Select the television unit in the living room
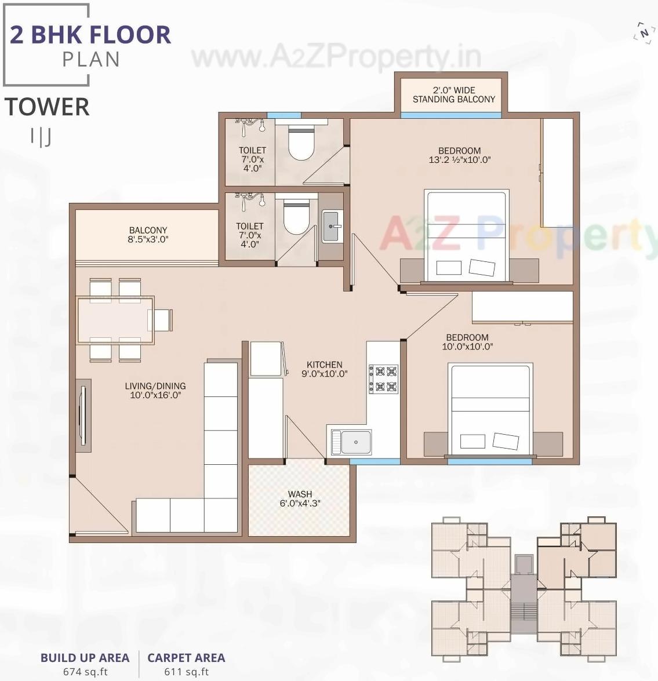coord(83,415)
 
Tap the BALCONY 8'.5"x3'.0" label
coord(148,235)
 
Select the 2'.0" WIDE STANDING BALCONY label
coord(453,94)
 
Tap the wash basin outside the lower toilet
coord(332,226)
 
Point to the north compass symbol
coord(643,33)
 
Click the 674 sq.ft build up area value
coord(85,672)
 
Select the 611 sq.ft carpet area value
coord(186,672)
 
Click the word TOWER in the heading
coord(48,107)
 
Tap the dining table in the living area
coord(115,320)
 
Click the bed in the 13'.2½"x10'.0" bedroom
coord(467,235)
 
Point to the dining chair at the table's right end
coord(162,320)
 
